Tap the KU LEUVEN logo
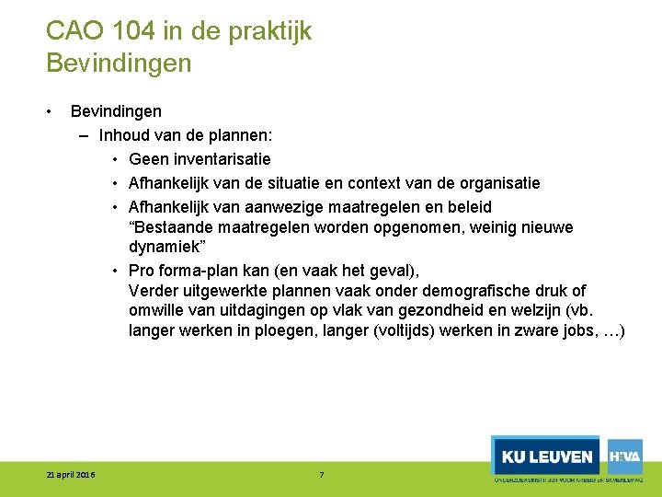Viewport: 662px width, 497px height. point(546,457)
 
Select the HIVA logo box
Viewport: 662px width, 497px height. point(625,456)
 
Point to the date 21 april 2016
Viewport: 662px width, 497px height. point(71,475)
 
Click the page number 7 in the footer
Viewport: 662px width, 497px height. point(321,475)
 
